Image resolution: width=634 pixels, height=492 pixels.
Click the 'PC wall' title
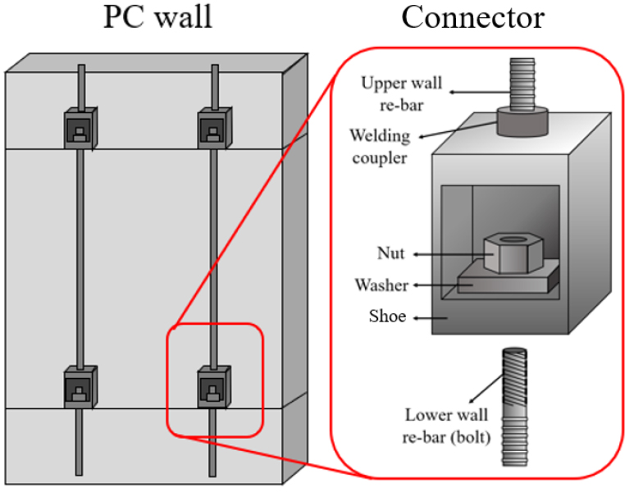coord(157,18)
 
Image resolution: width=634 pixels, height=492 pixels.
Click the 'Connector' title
coord(472,18)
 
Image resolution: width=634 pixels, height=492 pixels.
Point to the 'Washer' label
coord(381,285)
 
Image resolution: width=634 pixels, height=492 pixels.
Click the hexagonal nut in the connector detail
coord(505,253)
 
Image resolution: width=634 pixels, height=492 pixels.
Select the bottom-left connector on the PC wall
coord(81,386)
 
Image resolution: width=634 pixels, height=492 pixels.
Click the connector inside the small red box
coord(215,386)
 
